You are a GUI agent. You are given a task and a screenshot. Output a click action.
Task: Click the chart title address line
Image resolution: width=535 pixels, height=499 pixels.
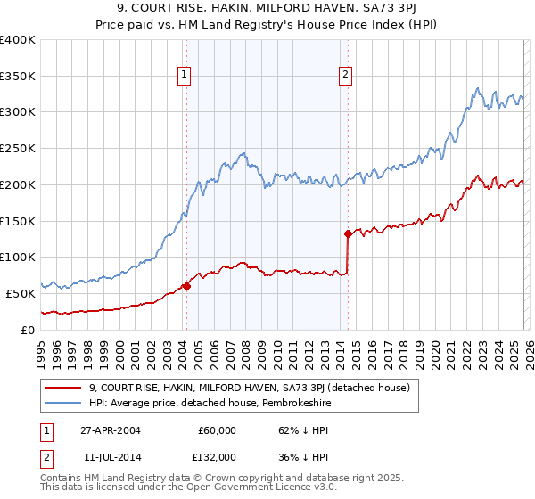pos(267,8)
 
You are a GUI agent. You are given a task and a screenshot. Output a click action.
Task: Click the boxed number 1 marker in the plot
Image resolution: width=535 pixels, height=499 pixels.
pos(184,76)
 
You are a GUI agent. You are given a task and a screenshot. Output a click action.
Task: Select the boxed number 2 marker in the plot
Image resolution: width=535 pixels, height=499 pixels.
pos(345,76)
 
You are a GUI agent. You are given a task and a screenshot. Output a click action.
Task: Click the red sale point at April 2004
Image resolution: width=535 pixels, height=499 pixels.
pos(186,286)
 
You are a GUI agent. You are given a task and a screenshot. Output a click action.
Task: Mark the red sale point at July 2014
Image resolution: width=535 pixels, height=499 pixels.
pos(348,233)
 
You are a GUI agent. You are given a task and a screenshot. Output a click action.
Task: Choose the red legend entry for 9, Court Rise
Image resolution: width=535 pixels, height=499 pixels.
pos(249,388)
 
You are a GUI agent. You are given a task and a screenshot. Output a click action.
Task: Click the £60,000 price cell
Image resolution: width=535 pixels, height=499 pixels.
pos(216,429)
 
